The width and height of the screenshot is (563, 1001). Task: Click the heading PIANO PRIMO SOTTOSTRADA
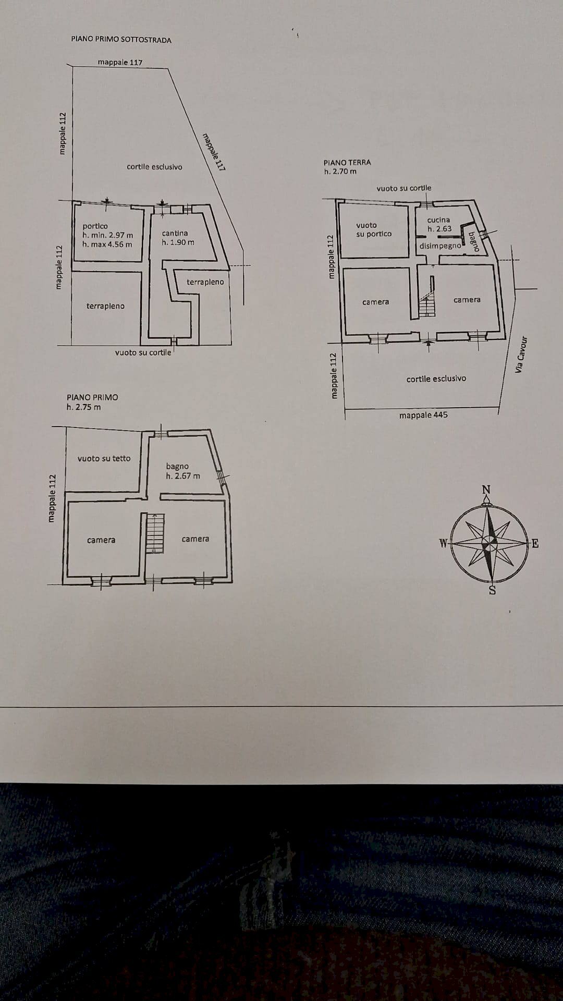121,40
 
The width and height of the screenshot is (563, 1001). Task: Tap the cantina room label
175,233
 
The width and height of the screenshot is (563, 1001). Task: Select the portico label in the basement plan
95,226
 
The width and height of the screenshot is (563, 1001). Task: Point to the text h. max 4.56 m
107,244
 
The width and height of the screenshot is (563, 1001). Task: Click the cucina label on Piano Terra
438,220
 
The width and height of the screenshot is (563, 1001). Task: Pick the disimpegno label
440,246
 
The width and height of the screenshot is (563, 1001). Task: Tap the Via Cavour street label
521,354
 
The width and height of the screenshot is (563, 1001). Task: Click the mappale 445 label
423,415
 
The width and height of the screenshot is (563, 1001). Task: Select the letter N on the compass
486,490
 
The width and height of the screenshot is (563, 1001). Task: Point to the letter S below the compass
492,590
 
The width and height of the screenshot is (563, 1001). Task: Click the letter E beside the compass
535,544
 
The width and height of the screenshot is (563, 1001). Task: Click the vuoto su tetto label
104,458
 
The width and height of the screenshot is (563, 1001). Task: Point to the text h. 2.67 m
182,475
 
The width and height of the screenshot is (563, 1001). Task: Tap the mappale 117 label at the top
120,62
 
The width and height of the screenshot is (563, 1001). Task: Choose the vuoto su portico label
373,229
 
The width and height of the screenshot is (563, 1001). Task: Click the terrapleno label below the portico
105,306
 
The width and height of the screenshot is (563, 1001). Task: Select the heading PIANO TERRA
347,162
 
